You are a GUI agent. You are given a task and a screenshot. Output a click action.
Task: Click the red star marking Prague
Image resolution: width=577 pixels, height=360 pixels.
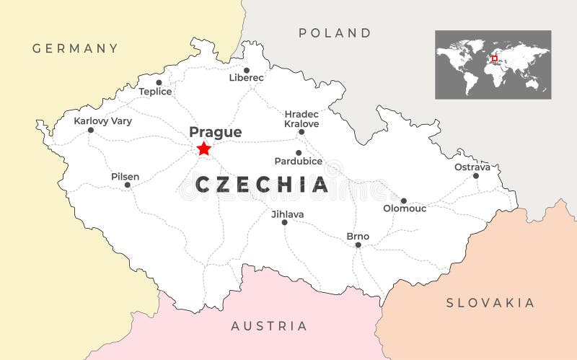point(204,149)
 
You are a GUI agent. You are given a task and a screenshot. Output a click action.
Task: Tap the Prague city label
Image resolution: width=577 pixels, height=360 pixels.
point(215,132)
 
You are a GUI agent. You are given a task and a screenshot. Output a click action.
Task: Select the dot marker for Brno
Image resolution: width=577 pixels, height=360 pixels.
point(358,245)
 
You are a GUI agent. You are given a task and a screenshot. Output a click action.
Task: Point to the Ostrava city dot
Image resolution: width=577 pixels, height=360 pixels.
point(475,175)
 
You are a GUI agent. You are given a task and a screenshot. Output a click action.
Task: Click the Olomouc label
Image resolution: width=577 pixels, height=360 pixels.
point(405,208)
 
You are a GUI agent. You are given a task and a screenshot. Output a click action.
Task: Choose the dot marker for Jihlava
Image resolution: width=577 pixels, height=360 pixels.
point(284,222)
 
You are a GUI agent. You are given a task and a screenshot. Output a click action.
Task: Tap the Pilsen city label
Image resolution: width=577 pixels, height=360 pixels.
point(125,177)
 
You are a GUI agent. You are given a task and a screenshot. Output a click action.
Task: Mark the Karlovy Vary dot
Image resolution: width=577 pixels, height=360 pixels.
point(91,130)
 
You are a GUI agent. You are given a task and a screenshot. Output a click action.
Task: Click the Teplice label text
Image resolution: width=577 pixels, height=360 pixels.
point(155,92)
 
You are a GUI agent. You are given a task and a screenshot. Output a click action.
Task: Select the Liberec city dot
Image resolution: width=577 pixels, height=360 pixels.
point(246,71)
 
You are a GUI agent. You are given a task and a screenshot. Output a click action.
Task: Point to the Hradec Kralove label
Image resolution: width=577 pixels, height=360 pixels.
point(301,119)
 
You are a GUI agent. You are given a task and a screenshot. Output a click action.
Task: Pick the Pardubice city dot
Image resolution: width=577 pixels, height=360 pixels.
point(299,153)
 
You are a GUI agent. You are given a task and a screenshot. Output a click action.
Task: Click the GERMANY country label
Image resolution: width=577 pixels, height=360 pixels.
point(75,48)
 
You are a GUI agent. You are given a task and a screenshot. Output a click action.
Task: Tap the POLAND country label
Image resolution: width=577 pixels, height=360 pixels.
point(335,32)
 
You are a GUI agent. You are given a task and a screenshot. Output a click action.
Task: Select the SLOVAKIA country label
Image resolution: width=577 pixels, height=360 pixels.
point(490,302)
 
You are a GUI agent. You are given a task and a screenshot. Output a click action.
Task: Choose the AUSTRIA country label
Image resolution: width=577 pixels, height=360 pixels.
point(268,326)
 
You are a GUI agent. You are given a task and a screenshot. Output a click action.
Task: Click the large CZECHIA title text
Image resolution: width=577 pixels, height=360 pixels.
point(263,185)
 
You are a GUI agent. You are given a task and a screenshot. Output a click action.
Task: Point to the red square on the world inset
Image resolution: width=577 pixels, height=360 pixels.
point(495,58)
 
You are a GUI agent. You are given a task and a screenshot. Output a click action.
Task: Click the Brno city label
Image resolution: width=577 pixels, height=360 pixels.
point(358,236)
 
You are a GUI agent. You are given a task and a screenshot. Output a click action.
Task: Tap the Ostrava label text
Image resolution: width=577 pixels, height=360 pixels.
point(472,167)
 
